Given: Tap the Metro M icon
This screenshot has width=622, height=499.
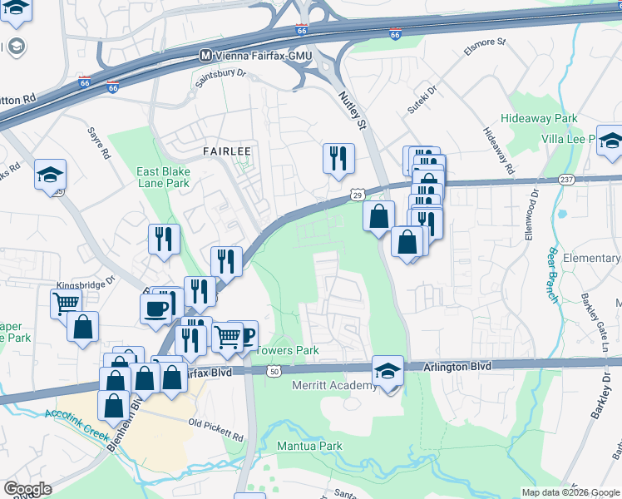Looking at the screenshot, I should [205, 55].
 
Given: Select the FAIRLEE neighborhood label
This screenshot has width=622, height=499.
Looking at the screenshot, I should [227, 151].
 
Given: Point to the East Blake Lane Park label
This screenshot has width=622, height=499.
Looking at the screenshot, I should [163, 177].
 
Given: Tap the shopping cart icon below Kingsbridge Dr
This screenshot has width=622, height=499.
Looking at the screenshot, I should [66, 303].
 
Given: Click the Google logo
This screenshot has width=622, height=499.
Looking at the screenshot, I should [28, 489].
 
